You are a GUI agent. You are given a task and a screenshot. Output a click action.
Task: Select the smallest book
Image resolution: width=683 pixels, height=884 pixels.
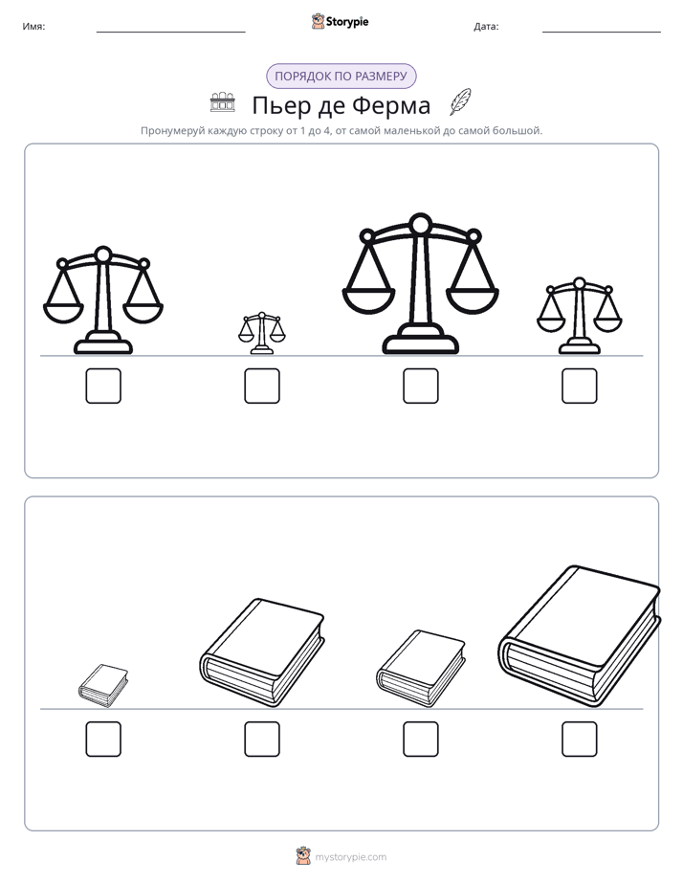coord(103,686)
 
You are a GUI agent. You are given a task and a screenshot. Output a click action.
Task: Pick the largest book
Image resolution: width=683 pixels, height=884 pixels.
coord(580,636)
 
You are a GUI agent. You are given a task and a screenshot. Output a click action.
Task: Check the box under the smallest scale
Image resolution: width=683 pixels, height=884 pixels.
coord(262,387)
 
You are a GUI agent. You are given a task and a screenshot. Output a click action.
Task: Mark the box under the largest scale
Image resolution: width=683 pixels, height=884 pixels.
coord(421,387)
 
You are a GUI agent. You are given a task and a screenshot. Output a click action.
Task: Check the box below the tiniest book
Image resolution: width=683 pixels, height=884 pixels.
coord(103,740)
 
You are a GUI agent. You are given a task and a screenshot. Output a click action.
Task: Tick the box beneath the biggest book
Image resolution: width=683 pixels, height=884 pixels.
coord(580,740)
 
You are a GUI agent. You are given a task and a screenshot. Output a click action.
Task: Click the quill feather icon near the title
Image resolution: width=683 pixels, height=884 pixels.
coord(460,102)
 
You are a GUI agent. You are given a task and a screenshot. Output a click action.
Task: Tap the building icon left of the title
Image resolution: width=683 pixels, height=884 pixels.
coord(222,102)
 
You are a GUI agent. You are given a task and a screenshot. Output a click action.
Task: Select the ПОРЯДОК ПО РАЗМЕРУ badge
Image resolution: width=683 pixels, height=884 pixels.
coord(341,77)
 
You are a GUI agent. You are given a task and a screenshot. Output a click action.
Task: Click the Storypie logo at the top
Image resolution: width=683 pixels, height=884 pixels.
coord(341,21)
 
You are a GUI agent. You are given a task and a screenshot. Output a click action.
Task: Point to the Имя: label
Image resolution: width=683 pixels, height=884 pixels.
coord(33,27)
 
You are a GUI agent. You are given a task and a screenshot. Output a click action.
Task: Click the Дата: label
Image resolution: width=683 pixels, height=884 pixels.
coord(486,27)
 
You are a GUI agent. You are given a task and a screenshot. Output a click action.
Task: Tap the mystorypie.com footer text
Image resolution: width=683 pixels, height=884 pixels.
coord(350,857)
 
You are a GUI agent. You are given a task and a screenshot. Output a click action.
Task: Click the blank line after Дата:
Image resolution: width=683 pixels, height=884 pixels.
coord(602,33)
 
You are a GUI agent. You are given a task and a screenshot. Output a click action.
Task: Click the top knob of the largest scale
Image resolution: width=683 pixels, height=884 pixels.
coord(420,224)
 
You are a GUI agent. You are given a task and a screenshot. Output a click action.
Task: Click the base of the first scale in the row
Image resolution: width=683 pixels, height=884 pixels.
coord(103,343)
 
